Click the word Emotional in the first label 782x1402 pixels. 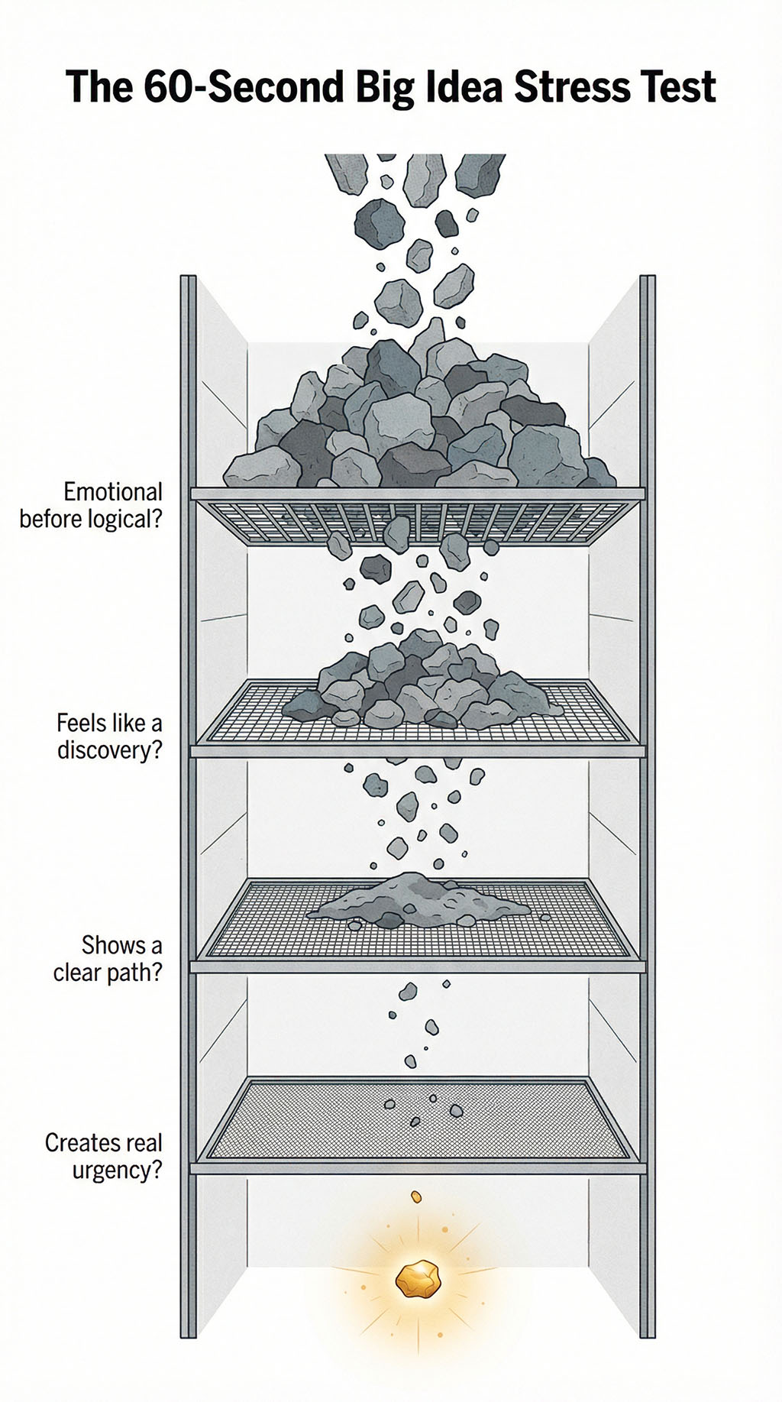(112, 491)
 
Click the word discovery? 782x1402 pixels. (110, 750)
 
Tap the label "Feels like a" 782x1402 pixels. (109, 722)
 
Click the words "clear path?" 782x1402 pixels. (108, 973)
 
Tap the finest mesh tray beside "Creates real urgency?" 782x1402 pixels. (305, 1123)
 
